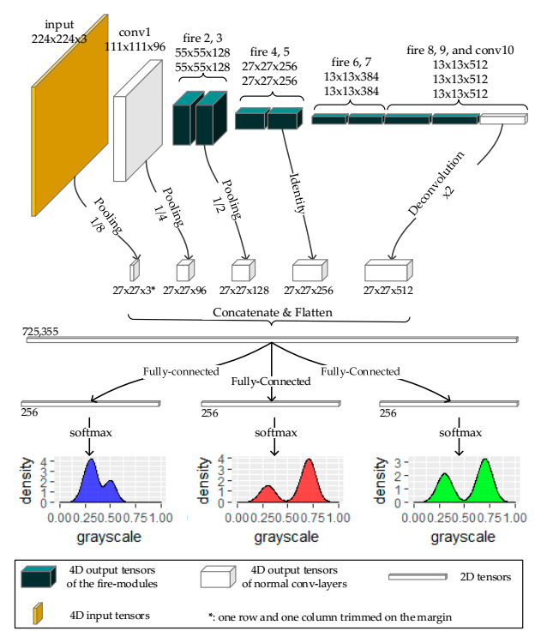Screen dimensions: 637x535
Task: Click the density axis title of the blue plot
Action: (27, 479)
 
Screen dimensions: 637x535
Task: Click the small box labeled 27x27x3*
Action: (134, 272)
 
